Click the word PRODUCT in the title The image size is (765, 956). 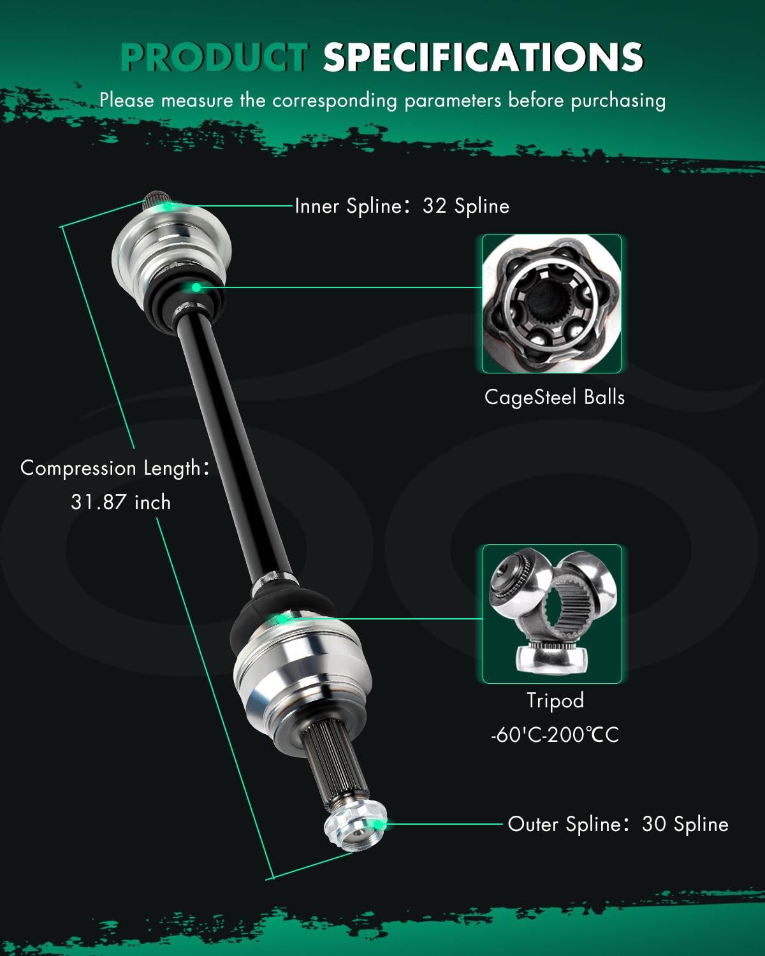tap(215, 57)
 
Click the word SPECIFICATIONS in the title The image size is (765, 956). tap(483, 57)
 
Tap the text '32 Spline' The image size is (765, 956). tap(466, 206)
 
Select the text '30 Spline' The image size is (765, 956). tap(685, 824)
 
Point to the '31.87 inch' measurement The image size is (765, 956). tap(121, 502)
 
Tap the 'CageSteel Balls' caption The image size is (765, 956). tap(554, 397)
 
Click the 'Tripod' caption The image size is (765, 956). tap(555, 700)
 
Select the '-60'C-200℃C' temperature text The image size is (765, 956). tap(555, 735)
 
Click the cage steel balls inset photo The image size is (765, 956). tap(551, 303)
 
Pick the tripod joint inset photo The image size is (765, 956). tap(552, 614)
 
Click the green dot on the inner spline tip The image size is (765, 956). tap(167, 206)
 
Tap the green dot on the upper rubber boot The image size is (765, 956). tap(196, 288)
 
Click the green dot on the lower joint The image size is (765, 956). tap(281, 619)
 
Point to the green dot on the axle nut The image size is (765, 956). tap(377, 825)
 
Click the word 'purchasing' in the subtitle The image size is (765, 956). tap(618, 101)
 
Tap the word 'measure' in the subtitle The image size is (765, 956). tap(197, 101)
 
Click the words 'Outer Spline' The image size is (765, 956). tap(565, 825)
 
